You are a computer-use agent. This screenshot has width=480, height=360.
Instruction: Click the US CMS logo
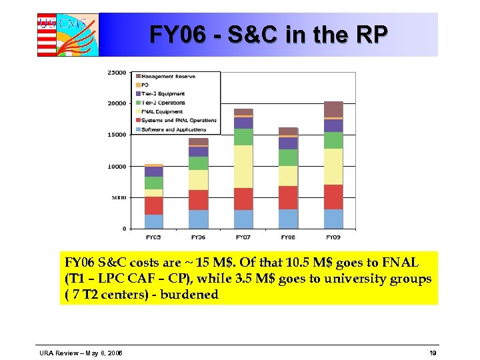coord(67,34)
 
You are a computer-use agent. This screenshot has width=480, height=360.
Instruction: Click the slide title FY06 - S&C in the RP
coord(267,34)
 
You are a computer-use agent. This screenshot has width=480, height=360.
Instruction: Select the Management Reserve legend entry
coord(168,77)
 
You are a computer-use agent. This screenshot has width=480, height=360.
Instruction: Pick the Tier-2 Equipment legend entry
coord(163,94)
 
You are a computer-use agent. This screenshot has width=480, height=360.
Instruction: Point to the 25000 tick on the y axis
coord(117,73)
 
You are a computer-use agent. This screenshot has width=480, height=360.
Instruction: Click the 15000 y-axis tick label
coord(117,135)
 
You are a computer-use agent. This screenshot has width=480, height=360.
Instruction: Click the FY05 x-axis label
coord(153,237)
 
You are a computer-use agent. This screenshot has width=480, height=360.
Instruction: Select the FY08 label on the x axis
coord(288,237)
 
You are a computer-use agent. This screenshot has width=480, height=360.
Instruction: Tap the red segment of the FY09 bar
coord(333,197)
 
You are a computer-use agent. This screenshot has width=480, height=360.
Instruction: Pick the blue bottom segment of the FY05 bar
coord(153,221)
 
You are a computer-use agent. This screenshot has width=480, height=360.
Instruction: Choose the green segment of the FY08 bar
coord(288,157)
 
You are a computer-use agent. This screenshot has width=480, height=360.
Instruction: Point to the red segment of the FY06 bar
coord(198,200)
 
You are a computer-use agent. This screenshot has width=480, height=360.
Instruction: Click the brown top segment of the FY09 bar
coord(333,109)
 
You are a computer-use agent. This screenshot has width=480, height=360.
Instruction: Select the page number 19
coord(433,352)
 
